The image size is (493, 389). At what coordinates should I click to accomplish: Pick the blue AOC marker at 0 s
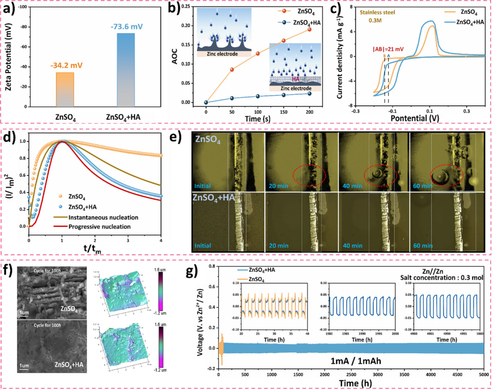(x=206, y=103)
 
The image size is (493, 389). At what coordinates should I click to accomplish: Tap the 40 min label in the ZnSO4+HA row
(x=349, y=245)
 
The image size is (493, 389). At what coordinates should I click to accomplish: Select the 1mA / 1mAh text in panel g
(x=353, y=362)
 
